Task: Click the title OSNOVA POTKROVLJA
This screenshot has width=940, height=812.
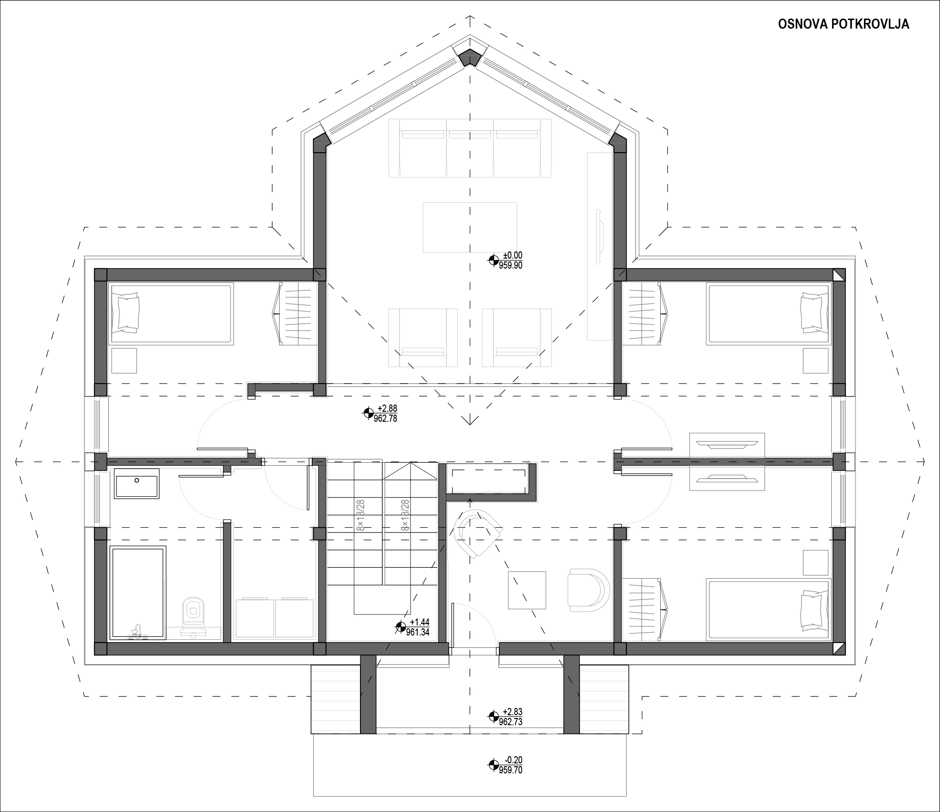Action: (x=844, y=25)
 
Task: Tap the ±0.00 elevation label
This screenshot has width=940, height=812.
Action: (x=513, y=256)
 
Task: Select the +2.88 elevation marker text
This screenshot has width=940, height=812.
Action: (x=387, y=408)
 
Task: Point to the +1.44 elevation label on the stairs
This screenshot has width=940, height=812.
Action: (x=420, y=622)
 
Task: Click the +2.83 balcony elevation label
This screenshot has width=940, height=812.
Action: (x=513, y=712)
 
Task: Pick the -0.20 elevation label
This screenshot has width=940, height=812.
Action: (x=514, y=760)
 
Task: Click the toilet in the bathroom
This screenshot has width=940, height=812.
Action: (x=193, y=616)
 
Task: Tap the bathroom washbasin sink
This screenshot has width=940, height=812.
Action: (x=137, y=483)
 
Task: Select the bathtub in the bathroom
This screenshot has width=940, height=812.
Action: (x=138, y=592)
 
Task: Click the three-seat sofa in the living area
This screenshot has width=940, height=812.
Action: (x=470, y=148)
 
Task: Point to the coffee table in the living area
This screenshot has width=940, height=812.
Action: (x=470, y=227)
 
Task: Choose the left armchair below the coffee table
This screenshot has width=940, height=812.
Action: (x=423, y=338)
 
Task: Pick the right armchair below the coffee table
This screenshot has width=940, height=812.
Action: (x=517, y=338)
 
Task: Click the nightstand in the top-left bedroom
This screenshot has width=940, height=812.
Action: (x=124, y=361)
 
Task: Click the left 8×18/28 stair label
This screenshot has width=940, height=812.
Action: (x=360, y=515)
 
